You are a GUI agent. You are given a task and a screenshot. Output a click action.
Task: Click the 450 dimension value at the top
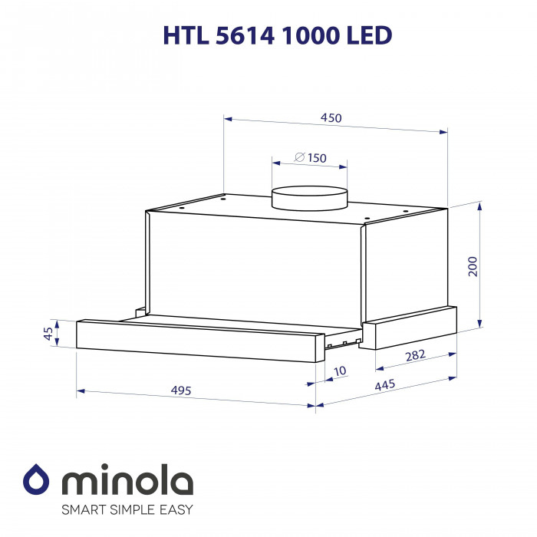tap(331, 118)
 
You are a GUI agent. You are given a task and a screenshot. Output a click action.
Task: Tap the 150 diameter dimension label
tap(316, 158)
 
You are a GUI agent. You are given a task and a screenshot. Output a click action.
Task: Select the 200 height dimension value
tap(473, 265)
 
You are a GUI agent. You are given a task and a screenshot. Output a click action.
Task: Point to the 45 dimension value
tap(48, 334)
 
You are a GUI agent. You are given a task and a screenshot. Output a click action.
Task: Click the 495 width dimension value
tap(181, 390)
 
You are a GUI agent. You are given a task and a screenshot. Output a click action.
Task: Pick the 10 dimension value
tap(341, 371)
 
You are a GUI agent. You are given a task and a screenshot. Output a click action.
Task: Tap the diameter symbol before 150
tap(300, 158)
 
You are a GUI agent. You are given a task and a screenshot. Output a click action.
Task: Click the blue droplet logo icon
tap(36, 480)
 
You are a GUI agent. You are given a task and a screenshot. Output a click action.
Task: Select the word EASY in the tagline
tap(175, 509)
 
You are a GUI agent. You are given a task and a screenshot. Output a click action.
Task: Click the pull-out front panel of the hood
tap(196, 338)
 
